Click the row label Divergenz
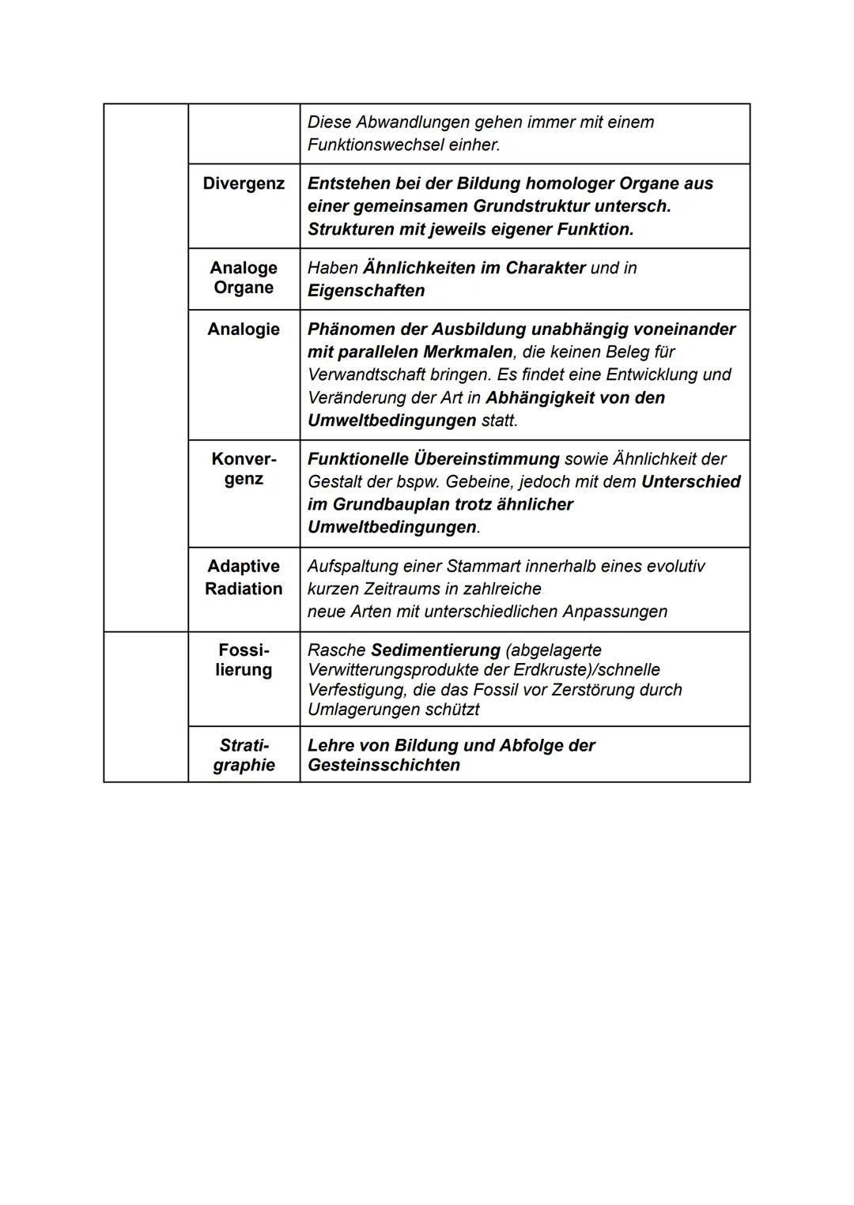coord(244,183)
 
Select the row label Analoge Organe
coord(244,277)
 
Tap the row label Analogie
coord(244,329)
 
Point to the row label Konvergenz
coord(244,469)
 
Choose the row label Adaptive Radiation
coord(244,578)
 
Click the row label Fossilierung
coord(244,660)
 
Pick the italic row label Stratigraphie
coord(244,755)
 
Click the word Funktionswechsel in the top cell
coord(375,145)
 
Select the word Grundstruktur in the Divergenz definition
coord(529,206)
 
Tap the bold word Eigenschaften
coord(366,291)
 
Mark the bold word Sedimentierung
coord(436,650)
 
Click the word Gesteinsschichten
coord(384,766)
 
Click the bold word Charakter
coord(546,268)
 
